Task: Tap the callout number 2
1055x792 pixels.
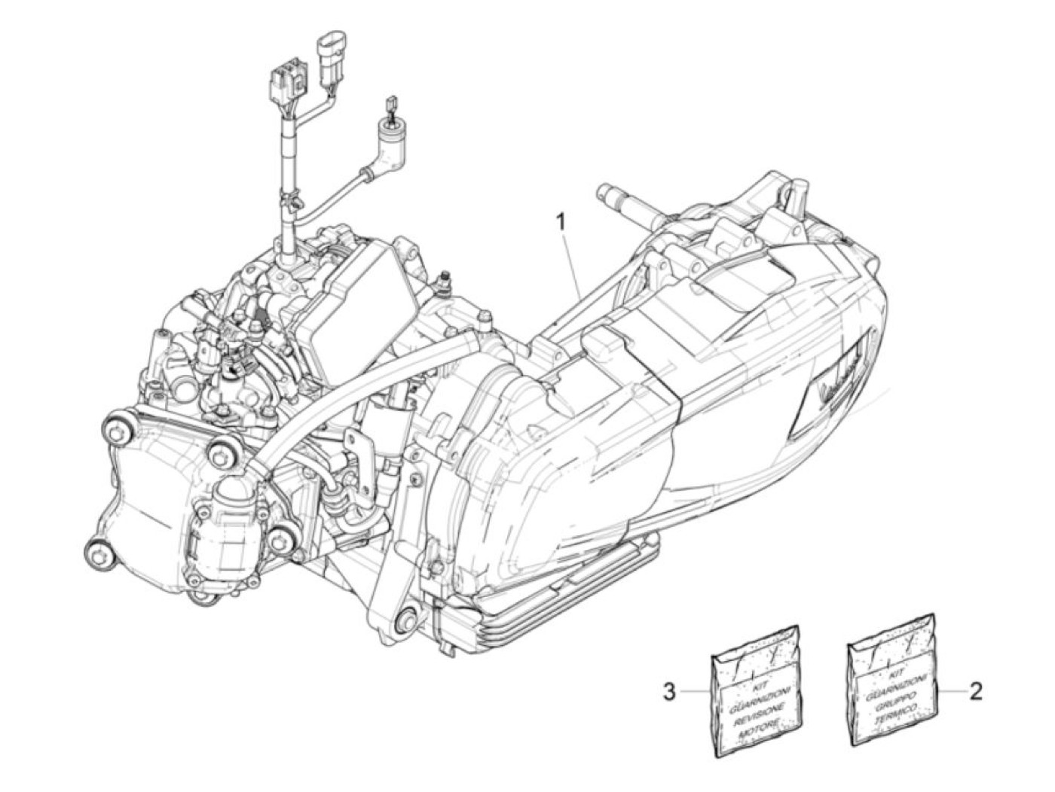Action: [x=975, y=690]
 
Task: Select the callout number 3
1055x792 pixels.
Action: [x=668, y=690]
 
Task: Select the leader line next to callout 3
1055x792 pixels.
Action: [x=694, y=690]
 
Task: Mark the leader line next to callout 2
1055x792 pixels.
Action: [x=951, y=690]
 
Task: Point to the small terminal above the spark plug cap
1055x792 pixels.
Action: [x=390, y=104]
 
